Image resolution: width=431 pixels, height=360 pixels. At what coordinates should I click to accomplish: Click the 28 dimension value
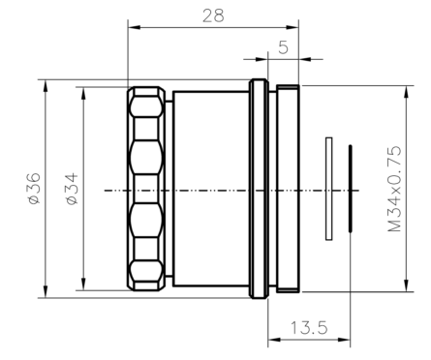pos(213,15)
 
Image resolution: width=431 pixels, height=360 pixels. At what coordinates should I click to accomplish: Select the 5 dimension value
pos(283,47)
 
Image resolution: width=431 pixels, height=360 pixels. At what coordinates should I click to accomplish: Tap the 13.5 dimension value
pos(309,328)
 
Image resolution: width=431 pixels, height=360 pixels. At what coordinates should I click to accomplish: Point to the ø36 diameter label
pos(35,189)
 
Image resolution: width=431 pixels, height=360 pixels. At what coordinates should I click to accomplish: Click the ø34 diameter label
pos(73,189)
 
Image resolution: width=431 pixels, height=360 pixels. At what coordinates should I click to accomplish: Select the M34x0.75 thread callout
pos(394,189)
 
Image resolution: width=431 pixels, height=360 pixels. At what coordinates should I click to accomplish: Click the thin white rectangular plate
pos(329,189)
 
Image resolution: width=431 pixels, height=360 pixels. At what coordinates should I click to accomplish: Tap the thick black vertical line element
pos(351,189)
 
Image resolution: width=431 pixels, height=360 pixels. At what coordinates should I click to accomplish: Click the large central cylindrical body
pos(211,189)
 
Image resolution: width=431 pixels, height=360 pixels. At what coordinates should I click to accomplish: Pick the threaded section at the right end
pos(288,189)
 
